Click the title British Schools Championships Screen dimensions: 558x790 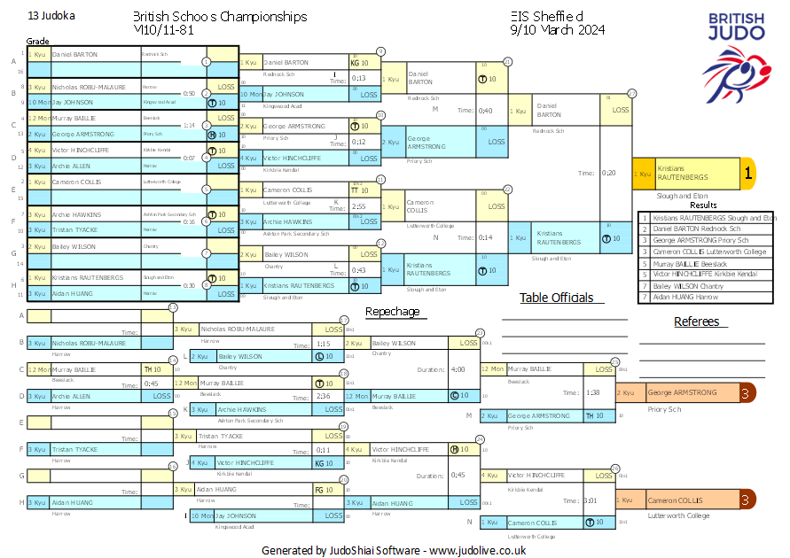[220, 17]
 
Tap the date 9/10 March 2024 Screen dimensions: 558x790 [558, 30]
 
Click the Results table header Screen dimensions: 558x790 [703, 205]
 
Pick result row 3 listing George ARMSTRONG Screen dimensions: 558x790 [709, 240]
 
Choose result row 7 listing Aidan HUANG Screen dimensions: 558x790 [709, 298]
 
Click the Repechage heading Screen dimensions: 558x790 [392, 312]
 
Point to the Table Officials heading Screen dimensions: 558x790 [556, 298]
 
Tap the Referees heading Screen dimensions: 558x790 [696, 322]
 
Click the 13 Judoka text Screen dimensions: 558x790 [51, 16]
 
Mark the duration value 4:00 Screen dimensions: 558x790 [458, 369]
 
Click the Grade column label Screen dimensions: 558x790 [37, 42]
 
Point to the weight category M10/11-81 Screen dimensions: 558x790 [168, 30]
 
